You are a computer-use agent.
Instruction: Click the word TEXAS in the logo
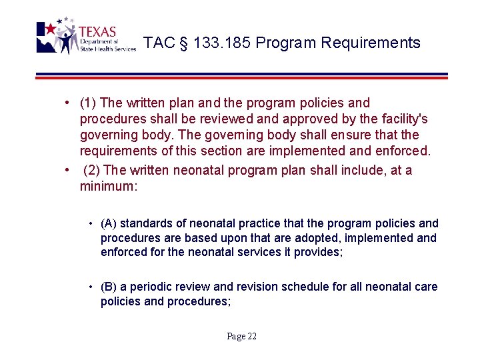pyautogui.click(x=97, y=31)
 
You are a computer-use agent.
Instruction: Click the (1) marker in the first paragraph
pyautogui.click(x=87, y=103)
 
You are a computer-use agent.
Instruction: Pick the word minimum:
pyautogui.click(x=108, y=187)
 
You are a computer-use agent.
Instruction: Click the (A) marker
pyautogui.click(x=109, y=224)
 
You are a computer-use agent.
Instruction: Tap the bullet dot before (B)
pyautogui.click(x=91, y=287)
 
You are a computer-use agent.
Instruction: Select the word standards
pyautogui.click(x=145, y=224)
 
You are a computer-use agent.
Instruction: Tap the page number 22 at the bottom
pyautogui.click(x=251, y=336)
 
